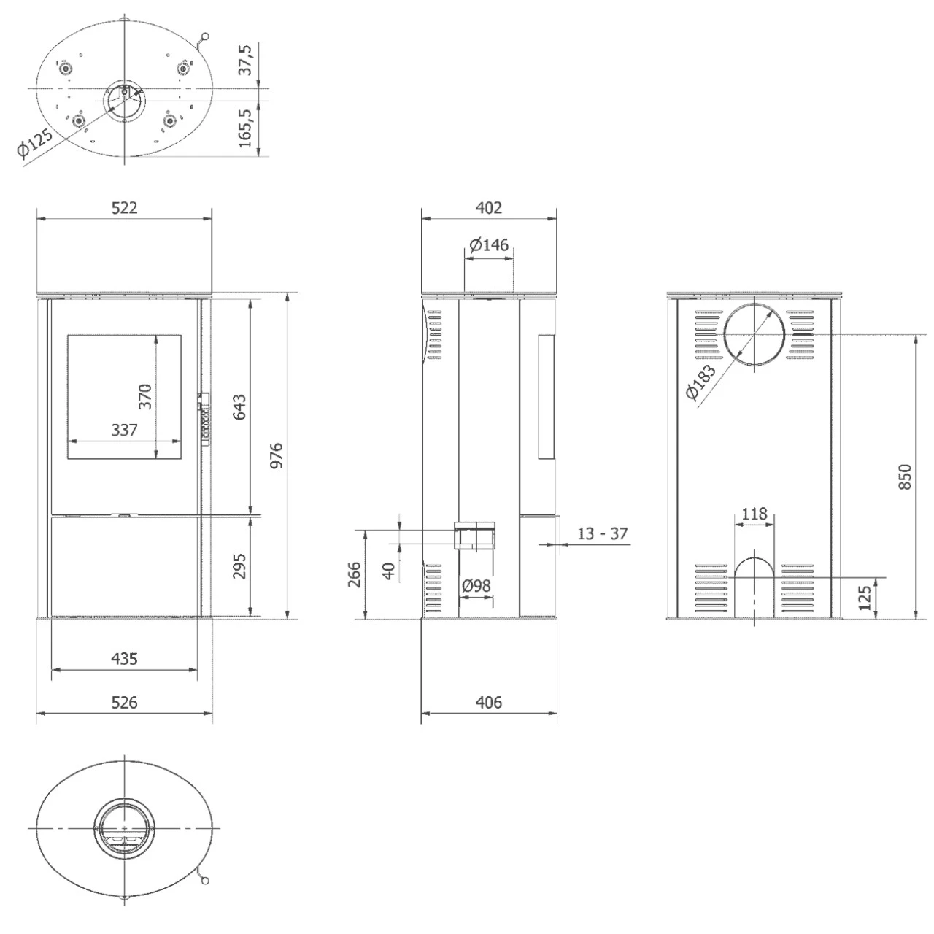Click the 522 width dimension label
click(x=124, y=208)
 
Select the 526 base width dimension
click(x=124, y=703)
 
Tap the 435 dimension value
click(x=124, y=659)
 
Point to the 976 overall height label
click(x=277, y=456)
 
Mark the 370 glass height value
click(x=145, y=396)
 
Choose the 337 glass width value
click(x=124, y=431)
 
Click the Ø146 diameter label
click(x=489, y=245)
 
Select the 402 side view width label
click(x=489, y=208)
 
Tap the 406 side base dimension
click(x=489, y=703)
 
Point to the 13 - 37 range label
click(x=602, y=534)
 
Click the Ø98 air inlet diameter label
click(x=476, y=585)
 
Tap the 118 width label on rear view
click(x=754, y=514)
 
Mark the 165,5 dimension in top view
click(x=245, y=128)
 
